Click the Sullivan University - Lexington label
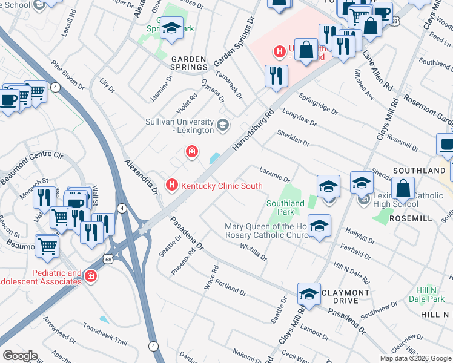(179, 126)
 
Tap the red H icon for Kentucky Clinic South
(172, 185)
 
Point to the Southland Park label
(285, 208)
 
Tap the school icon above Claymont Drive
(309, 295)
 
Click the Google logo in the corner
(20, 356)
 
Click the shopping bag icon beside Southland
(403, 189)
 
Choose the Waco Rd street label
(211, 276)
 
